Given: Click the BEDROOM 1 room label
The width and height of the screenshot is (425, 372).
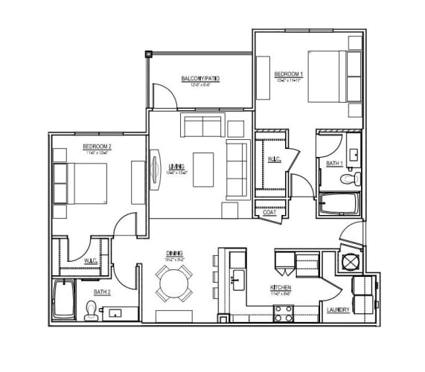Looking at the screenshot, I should tap(288, 74).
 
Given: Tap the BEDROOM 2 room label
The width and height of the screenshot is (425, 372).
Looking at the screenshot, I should tap(97, 147).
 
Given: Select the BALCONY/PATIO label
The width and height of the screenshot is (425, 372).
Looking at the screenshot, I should tap(200, 79).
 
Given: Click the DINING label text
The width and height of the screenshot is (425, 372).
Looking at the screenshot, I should tap(175, 253).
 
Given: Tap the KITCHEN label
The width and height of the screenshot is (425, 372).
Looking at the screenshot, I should tap(280, 287).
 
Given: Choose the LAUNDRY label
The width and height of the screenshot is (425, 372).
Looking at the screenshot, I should tap(338, 310).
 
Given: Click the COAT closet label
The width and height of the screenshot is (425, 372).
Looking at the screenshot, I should tap(269, 212).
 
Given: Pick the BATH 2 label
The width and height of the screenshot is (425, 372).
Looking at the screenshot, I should tap(102, 292).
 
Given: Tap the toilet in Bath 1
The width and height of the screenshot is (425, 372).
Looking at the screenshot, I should tap(348, 178).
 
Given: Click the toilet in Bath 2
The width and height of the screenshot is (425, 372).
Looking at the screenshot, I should tap(92, 310).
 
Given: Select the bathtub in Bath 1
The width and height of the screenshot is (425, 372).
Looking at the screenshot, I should tap(339, 204).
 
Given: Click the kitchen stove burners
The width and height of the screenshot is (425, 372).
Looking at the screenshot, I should tap(283, 314).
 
